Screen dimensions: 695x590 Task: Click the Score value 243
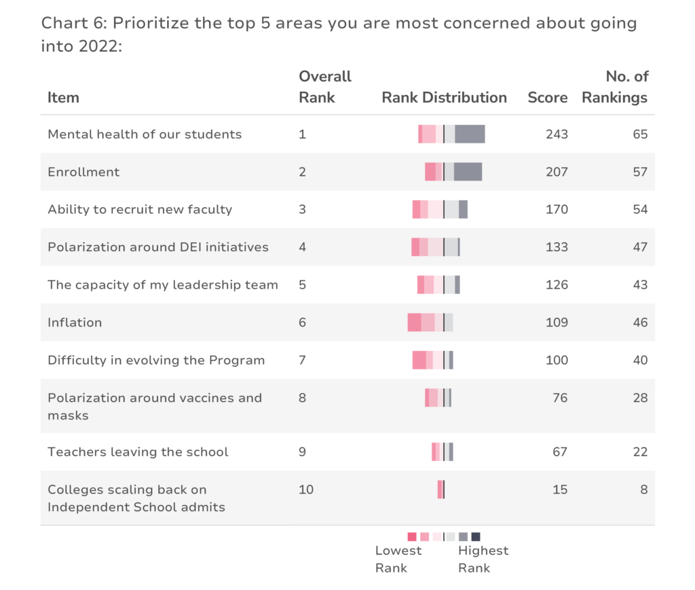(557, 134)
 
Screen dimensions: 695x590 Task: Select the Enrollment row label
(83, 172)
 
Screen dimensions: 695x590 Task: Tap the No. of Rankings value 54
(640, 209)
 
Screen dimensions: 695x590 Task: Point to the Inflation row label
(75, 322)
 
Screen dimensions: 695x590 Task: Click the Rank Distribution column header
(444, 98)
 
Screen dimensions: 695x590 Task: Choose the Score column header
(548, 98)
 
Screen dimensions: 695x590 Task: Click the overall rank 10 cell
(306, 490)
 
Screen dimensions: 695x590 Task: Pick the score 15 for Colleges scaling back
(560, 490)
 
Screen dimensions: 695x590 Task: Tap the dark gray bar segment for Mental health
(470, 134)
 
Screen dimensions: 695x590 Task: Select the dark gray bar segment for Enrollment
(468, 172)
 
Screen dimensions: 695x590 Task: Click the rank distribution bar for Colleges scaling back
(441, 490)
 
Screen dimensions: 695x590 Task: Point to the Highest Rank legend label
(483, 559)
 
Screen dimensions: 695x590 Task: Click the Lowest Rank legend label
(398, 559)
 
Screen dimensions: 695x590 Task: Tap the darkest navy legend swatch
(476, 537)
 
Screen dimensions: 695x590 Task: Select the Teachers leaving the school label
(138, 451)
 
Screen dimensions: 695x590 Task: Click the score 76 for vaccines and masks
(560, 398)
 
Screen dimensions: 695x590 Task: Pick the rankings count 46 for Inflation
(640, 322)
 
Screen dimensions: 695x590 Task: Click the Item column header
(63, 98)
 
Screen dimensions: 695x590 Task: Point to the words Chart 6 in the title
(74, 23)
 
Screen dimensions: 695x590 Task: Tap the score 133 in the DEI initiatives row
(557, 247)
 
